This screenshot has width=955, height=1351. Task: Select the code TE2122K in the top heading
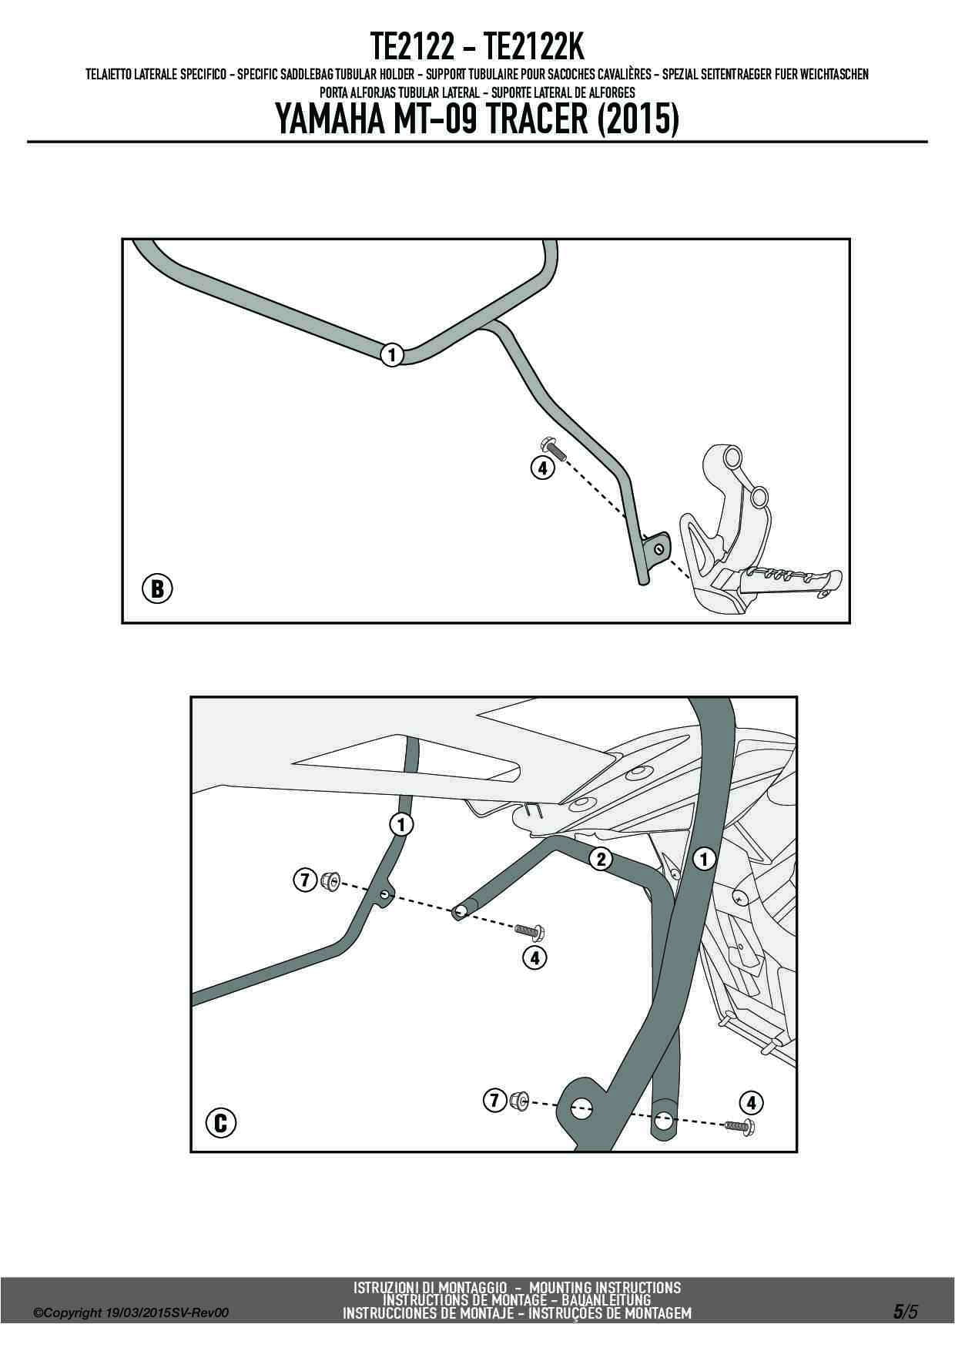[x=534, y=48]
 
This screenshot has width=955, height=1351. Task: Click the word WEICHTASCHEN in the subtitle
[x=834, y=75]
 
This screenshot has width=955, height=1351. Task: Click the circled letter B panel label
[x=157, y=589]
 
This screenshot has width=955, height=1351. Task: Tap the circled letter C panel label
[x=220, y=1122]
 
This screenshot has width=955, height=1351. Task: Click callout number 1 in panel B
[x=392, y=355]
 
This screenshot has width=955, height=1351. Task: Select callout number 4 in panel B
[x=542, y=467]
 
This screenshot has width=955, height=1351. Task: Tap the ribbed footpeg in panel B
[x=786, y=579]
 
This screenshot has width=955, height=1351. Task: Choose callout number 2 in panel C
[x=601, y=859]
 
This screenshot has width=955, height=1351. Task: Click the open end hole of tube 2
[x=460, y=912]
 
